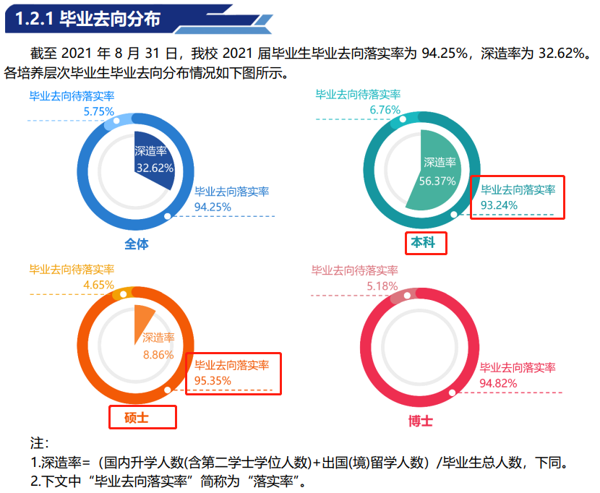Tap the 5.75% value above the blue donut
tap(99, 111)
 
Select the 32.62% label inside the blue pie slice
tap(154, 168)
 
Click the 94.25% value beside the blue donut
tap(213, 207)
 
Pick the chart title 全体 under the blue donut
tap(137, 244)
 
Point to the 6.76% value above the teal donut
tap(385, 110)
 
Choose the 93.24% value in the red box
tap(499, 205)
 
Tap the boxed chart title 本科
tap(424, 244)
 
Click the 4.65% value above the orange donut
tap(98, 285)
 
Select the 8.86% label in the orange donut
tap(158, 354)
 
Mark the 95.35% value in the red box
tap(213, 380)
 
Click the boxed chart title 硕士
tap(142, 418)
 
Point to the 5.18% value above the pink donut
tap(382, 286)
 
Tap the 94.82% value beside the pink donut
tap(498, 382)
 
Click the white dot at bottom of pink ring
tap(453, 393)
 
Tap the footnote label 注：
tap(39, 442)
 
